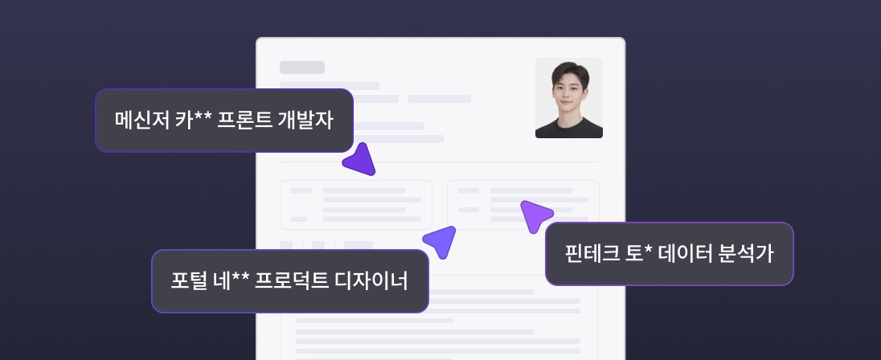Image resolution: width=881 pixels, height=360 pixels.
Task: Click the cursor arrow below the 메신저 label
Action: (x=360, y=160)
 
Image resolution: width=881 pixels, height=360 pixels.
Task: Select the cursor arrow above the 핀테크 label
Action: (x=535, y=215)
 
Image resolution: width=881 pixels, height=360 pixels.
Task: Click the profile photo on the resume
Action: (x=569, y=98)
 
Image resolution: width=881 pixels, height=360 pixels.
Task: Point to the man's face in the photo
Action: (x=568, y=90)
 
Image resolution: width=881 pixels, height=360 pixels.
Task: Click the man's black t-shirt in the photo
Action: (x=569, y=128)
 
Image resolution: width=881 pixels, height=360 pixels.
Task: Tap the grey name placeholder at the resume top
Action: (x=302, y=67)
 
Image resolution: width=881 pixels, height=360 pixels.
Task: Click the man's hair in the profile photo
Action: (x=568, y=71)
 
